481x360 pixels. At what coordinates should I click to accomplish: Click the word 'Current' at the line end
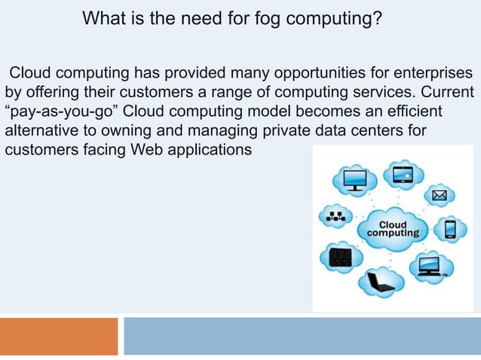[x=447, y=93]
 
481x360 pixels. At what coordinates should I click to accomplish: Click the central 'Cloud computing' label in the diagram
[x=392, y=229]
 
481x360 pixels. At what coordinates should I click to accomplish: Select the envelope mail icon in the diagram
[x=440, y=197]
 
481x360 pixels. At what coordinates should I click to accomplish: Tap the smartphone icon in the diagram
[x=451, y=228]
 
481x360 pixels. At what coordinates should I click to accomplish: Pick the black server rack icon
[x=340, y=258]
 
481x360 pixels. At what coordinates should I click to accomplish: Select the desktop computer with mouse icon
[x=430, y=264]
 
